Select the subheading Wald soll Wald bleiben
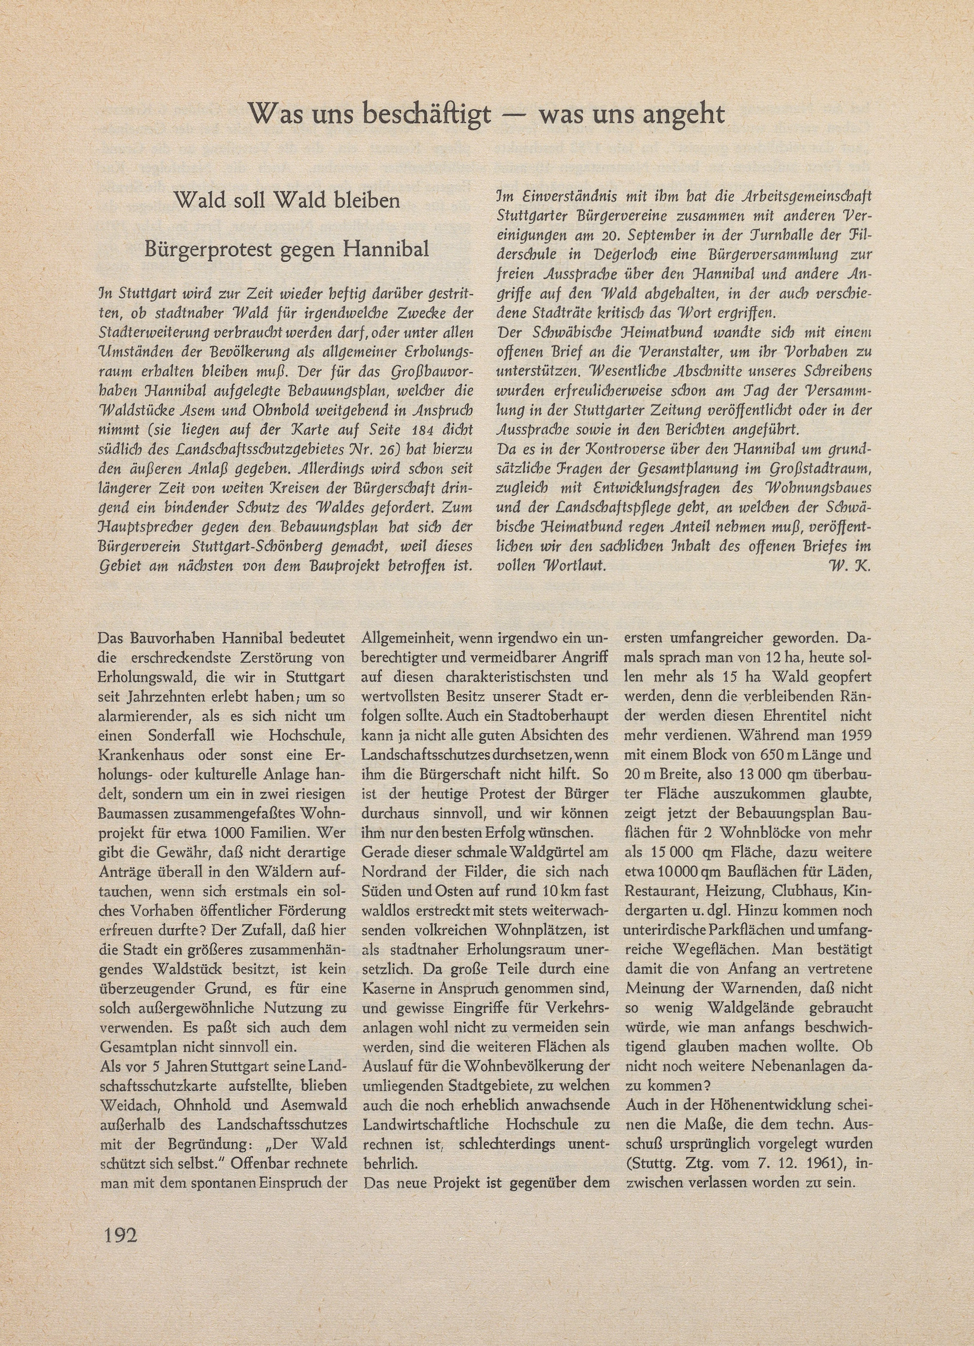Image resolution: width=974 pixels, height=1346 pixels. (x=287, y=201)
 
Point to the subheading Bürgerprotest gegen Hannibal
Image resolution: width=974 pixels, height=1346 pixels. (x=287, y=249)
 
